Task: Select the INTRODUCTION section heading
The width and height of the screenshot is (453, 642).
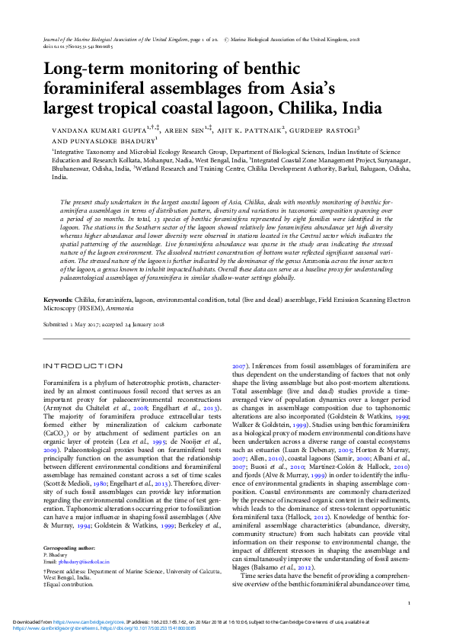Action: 82,366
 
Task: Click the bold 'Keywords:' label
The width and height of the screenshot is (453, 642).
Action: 58,300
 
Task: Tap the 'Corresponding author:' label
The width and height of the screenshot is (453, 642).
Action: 71,569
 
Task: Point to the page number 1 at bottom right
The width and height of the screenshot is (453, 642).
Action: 410,603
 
